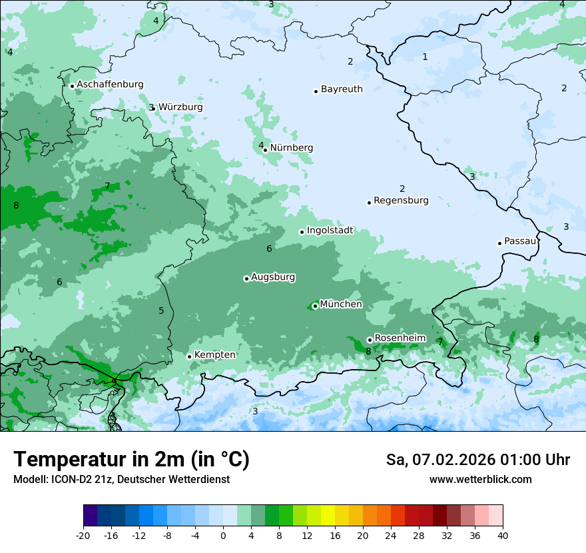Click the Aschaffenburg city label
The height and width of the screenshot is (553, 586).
[x=110, y=85]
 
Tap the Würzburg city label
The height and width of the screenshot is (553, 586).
[x=180, y=107]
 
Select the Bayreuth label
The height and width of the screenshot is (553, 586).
[x=342, y=89]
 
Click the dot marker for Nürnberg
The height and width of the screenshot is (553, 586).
[x=265, y=150]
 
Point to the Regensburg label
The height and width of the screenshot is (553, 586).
[x=401, y=201]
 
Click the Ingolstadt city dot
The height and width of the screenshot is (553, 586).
[x=302, y=233]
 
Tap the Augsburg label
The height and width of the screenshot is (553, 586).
[x=273, y=277]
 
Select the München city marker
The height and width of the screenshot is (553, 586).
[x=315, y=306]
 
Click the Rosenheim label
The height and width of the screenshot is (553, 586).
[x=400, y=338]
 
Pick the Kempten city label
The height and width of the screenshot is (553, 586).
[x=214, y=355]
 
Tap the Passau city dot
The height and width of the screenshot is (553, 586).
[x=499, y=243]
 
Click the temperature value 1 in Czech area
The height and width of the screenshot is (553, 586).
[x=425, y=57]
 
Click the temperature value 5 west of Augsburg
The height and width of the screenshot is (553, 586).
[x=161, y=311]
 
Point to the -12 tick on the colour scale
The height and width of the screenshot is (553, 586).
[x=139, y=536]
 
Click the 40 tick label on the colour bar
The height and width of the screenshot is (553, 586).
[x=502, y=536]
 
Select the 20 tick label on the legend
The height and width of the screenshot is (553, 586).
[x=363, y=536]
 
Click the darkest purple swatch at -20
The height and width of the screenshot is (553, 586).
[x=91, y=516]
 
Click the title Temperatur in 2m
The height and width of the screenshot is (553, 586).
[x=131, y=460]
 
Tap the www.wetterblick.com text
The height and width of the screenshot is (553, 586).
[x=480, y=480]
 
